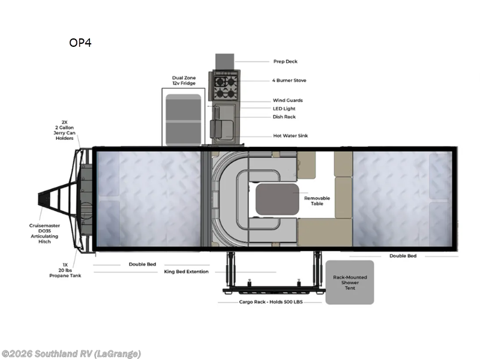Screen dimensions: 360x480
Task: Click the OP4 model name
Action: coord(80,43)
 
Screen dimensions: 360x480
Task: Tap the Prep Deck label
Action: coord(285,61)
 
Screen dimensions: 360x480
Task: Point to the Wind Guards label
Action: coord(287,100)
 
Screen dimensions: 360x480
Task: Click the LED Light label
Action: coord(284,109)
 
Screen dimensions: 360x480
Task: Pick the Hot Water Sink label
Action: coord(290,136)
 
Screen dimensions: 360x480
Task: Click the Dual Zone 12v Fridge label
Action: coord(183,80)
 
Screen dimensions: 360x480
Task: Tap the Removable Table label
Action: coord(317,200)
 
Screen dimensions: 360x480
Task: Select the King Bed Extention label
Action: coord(186,272)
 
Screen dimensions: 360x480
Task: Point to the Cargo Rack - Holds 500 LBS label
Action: coord(271,302)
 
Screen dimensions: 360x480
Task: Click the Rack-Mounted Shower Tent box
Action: coord(350,282)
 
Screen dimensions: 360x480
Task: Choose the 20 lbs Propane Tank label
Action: coord(65,269)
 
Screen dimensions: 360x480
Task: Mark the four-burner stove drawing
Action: coord(224,86)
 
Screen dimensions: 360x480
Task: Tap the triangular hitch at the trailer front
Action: coord(54,197)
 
